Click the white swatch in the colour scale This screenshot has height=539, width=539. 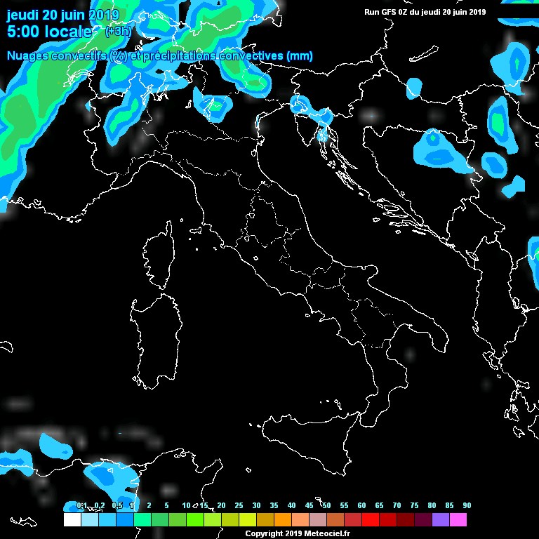pyautogui.click(x=72, y=520)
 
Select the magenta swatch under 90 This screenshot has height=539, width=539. pyautogui.click(x=458, y=520)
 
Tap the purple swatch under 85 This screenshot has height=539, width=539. pyautogui.click(x=441, y=520)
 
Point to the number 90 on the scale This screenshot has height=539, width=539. pyautogui.click(x=467, y=505)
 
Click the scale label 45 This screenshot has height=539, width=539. pyautogui.click(x=309, y=505)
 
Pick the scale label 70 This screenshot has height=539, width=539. pyautogui.click(x=397, y=505)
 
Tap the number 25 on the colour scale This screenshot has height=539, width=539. pyautogui.click(x=239, y=505)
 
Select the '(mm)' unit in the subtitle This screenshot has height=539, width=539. pyautogui.click(x=300, y=56)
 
